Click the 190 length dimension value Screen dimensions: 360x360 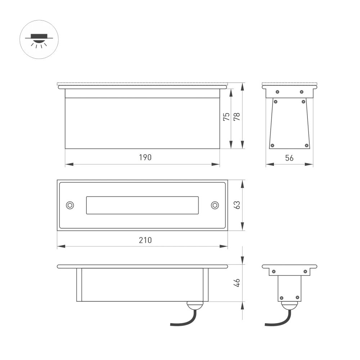(145, 158)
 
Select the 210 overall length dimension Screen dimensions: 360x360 (145, 240)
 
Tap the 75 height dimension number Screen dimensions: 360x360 (226, 117)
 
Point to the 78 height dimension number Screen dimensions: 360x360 (237, 117)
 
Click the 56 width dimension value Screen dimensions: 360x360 (289, 158)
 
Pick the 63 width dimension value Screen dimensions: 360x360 (237, 205)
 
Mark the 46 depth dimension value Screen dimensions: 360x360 (237, 283)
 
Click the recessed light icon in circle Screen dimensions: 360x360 (39, 39)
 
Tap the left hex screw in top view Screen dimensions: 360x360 (70, 205)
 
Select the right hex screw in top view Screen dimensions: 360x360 (215, 205)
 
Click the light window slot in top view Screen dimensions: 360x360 (143, 205)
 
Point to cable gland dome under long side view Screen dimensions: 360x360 (195, 305)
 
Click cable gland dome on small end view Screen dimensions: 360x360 (289, 305)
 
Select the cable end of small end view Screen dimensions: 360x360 (266, 325)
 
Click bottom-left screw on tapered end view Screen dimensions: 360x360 (272, 145)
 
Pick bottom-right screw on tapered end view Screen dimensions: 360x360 (307, 145)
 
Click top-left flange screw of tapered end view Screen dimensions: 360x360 (278, 92)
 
